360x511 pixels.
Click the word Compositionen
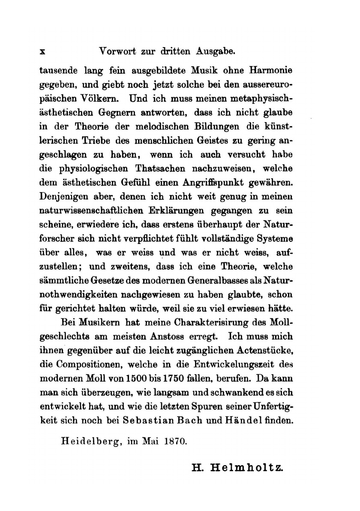(87, 365)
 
